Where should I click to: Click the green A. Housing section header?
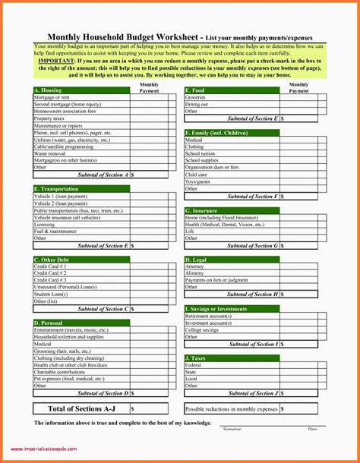coord(81,90)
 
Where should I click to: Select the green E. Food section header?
coord(232,90)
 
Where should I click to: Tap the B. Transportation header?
coord(81,188)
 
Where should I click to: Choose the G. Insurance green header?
coord(232,210)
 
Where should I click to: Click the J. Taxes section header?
coord(232,357)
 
